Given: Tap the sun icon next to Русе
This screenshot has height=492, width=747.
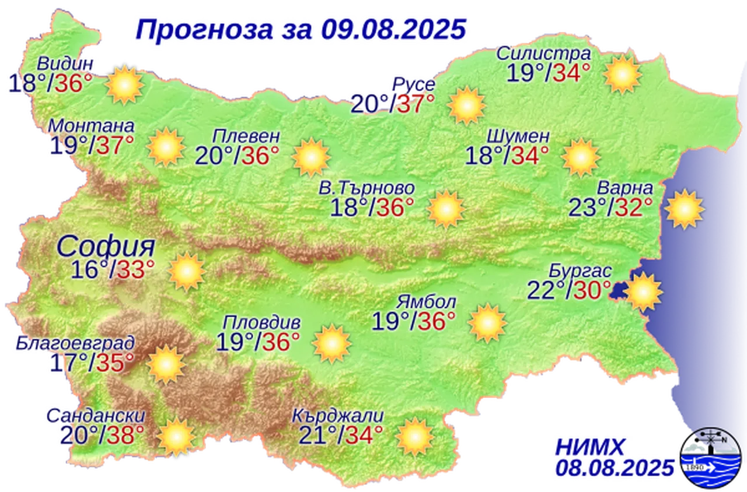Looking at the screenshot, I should coord(467,105).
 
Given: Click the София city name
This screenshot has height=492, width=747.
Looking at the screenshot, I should coord(106,247).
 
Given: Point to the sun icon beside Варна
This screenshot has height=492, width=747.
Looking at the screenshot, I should coord(685,208).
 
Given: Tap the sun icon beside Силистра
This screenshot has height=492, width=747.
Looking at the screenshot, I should coord(623,74).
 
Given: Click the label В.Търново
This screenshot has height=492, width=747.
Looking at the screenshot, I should coord(367,189).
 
